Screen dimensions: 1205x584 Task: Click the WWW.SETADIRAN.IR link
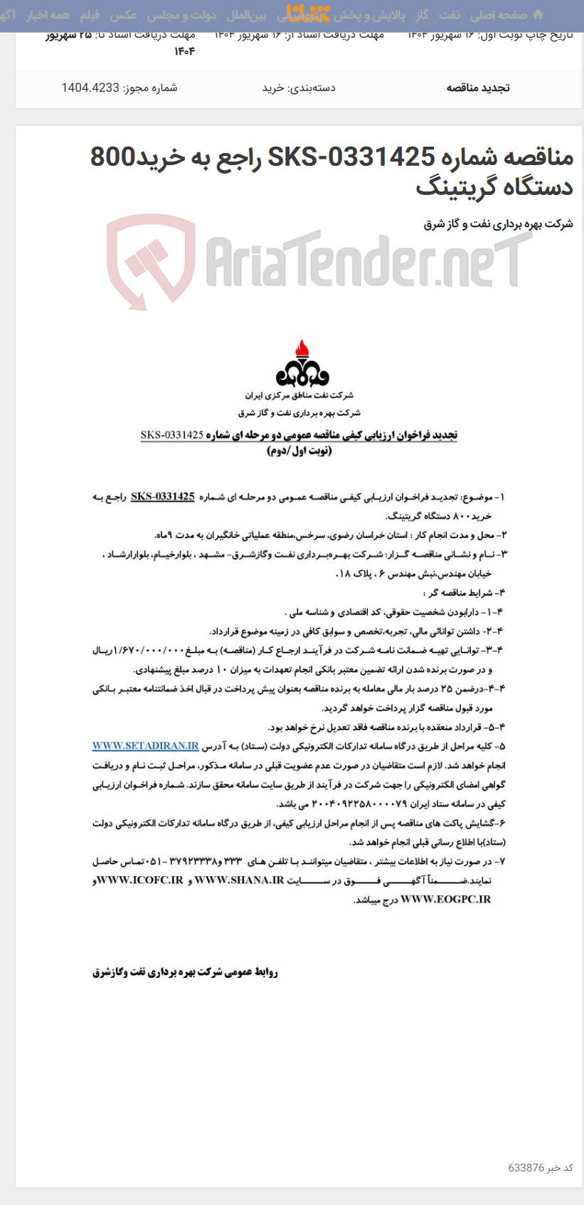click(145, 746)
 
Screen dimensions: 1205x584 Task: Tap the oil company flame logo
click(303, 364)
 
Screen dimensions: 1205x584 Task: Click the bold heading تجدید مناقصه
click(478, 88)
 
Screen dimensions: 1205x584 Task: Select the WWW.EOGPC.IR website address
click(446, 900)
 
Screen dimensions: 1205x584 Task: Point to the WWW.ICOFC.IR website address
click(139, 880)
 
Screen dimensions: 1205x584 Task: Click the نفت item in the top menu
click(449, 15)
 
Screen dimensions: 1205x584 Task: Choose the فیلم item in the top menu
click(90, 15)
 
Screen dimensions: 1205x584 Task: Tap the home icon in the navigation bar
click(538, 15)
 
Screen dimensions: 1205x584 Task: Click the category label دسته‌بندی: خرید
click(299, 88)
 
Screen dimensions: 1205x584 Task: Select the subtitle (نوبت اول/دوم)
click(299, 451)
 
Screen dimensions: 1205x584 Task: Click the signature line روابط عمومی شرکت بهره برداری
click(185, 972)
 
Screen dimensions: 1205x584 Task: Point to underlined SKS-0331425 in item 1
click(163, 497)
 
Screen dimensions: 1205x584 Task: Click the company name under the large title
click(498, 224)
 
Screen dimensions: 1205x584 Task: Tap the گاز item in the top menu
click(423, 15)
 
